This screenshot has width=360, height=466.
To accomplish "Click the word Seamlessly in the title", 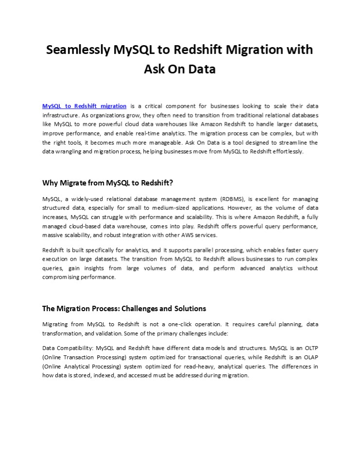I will point(77,50).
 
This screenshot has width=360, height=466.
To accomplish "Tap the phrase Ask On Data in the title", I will point(180,69).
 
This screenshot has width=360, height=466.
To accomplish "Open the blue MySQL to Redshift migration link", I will point(85,106).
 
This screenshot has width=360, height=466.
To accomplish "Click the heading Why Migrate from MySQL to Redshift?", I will point(108,183).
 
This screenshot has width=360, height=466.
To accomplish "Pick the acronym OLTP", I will point(309,348).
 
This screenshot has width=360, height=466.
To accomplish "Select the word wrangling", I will point(68,151).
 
